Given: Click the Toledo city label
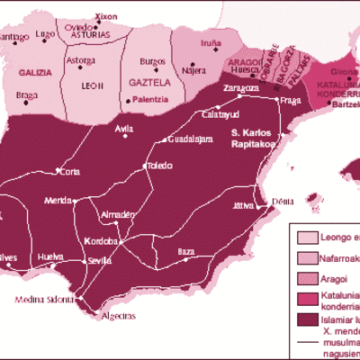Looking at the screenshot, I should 159,166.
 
